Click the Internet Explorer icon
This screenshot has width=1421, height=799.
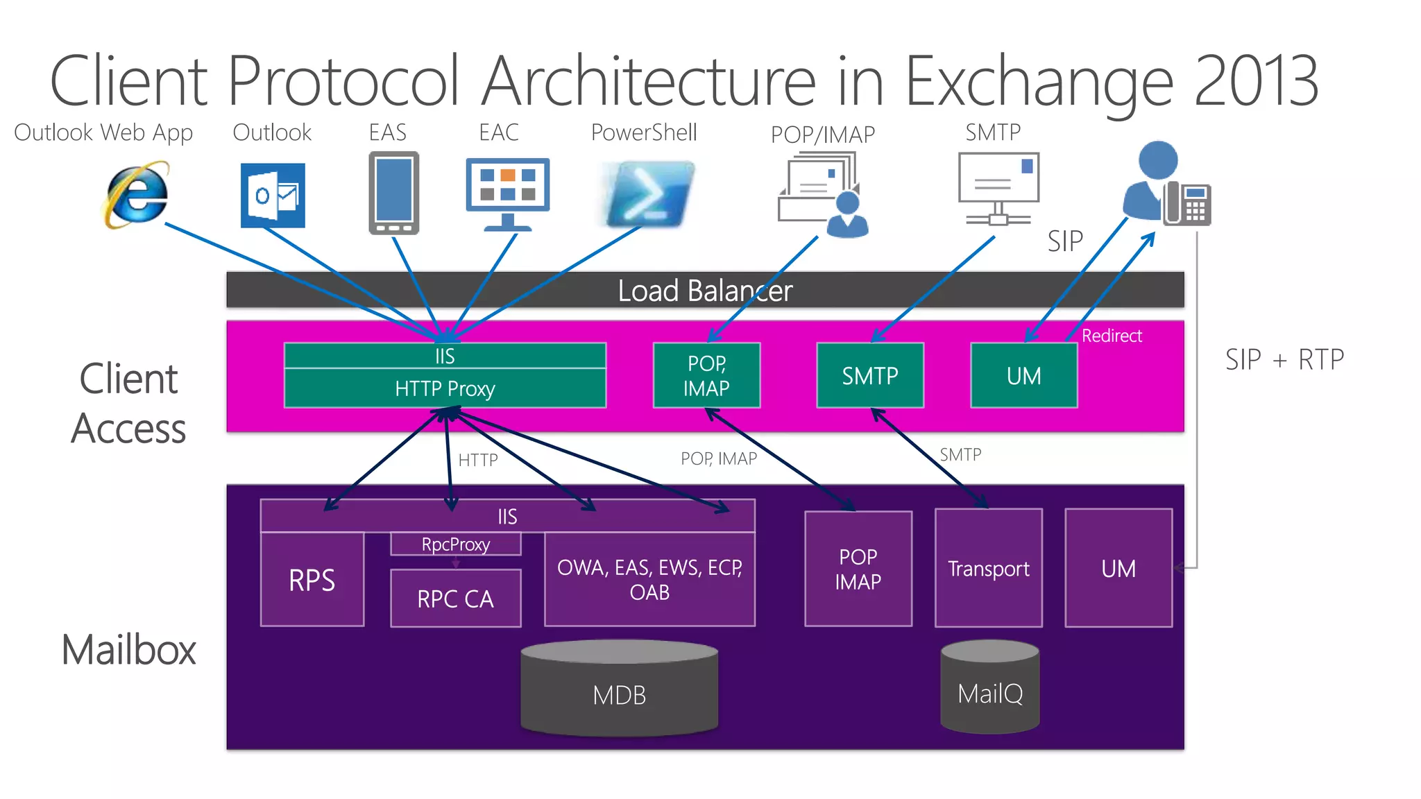(137, 195)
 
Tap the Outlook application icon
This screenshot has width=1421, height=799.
(273, 195)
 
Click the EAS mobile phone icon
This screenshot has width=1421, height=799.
(393, 193)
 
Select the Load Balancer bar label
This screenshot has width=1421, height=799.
(704, 291)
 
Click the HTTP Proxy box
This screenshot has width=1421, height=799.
(445, 388)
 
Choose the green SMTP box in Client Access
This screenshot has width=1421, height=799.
(870, 375)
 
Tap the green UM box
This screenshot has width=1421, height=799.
(1023, 375)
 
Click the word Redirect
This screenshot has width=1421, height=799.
(1112, 336)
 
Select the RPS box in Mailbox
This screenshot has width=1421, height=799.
(312, 580)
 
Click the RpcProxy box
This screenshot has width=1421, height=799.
(456, 544)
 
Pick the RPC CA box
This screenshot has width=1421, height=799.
(456, 599)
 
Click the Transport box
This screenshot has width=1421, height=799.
(988, 568)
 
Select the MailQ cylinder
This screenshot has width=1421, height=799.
(989, 688)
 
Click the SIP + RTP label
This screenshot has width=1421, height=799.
(1284, 360)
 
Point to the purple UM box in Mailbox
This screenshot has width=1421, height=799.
(1118, 568)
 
